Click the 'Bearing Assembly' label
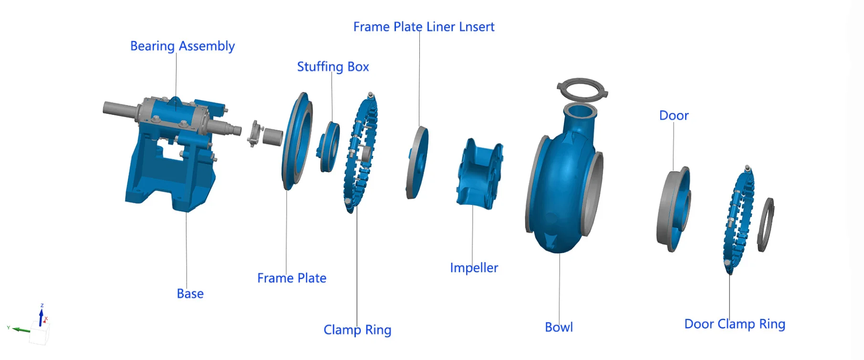pyautogui.click(x=182, y=46)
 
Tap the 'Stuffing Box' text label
pyautogui.click(x=333, y=67)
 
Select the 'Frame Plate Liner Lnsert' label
pyautogui.click(x=424, y=27)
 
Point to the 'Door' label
pyautogui.click(x=674, y=116)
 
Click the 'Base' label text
pyautogui.click(x=190, y=294)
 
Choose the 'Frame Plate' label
pyautogui.click(x=291, y=278)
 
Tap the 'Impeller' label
pyautogui.click(x=474, y=268)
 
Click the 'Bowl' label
pyautogui.click(x=559, y=328)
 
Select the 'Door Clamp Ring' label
pyautogui.click(x=734, y=324)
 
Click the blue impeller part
pyautogui.click(x=479, y=174)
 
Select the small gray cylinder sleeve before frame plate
pyautogui.click(x=272, y=137)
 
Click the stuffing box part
pyautogui.click(x=329, y=146)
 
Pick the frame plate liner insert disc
pyautogui.click(x=417, y=162)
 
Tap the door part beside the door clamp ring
pyautogui.click(x=674, y=209)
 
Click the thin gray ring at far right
pyautogui.click(x=765, y=224)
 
